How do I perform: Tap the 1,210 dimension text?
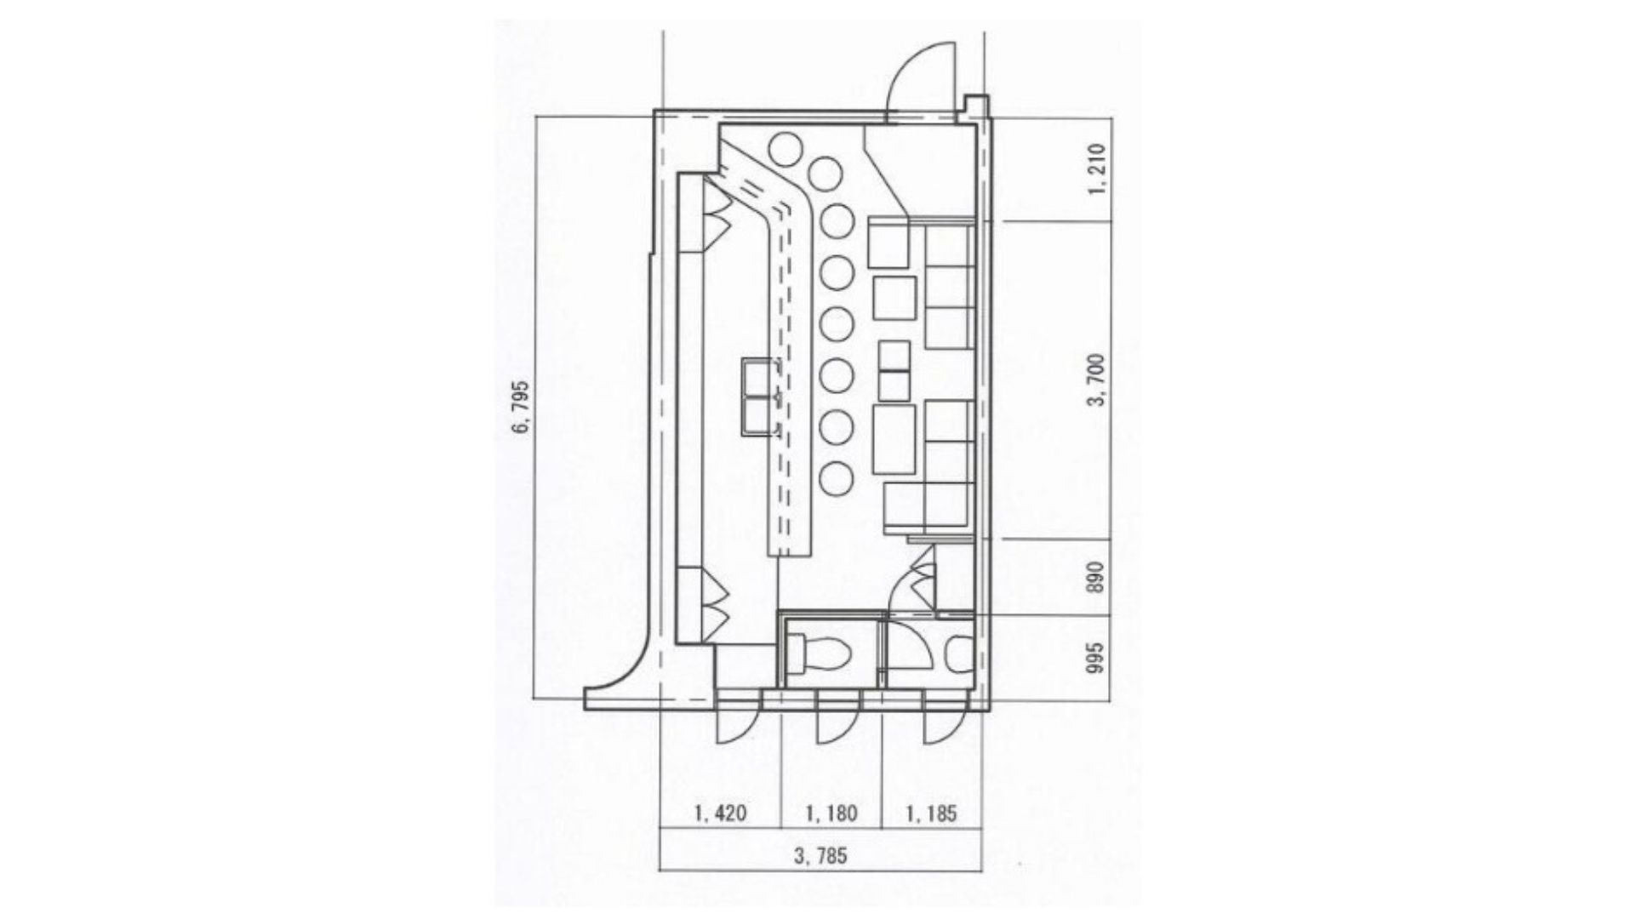click(x=1097, y=168)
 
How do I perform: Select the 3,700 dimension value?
click(x=1097, y=380)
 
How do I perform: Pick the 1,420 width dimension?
click(x=721, y=813)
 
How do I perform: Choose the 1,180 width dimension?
click(x=831, y=813)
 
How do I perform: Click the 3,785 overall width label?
click(x=820, y=855)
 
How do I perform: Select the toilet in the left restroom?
click(x=819, y=654)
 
